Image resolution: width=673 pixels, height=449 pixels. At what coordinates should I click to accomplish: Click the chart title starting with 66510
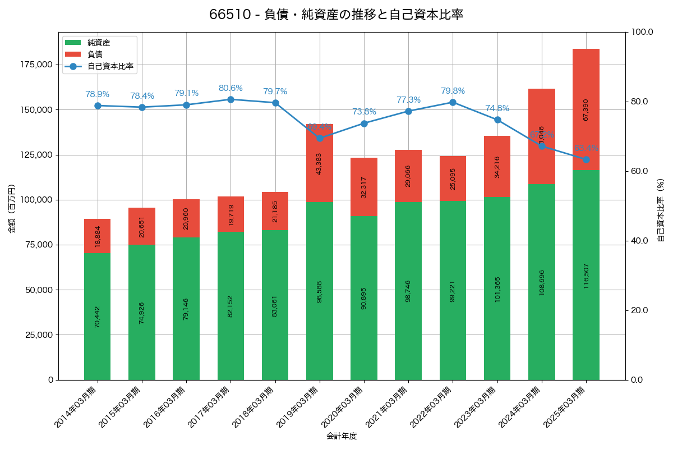point(336,15)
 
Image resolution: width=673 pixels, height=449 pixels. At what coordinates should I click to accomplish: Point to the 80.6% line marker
point(231,99)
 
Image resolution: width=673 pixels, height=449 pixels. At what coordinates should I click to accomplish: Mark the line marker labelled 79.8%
point(453,102)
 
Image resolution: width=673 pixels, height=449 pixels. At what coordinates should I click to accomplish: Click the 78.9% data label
point(98,94)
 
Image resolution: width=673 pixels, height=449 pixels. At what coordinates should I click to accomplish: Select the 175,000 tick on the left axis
point(36,65)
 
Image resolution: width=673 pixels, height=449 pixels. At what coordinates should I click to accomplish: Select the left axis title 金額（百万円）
point(12,209)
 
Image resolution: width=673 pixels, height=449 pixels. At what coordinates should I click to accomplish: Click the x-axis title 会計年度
point(342,436)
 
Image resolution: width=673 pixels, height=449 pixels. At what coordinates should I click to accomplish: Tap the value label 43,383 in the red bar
point(319,164)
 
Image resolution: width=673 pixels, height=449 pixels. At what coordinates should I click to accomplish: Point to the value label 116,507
point(586,274)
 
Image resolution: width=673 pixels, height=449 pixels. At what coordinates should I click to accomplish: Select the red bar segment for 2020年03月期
point(364,187)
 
